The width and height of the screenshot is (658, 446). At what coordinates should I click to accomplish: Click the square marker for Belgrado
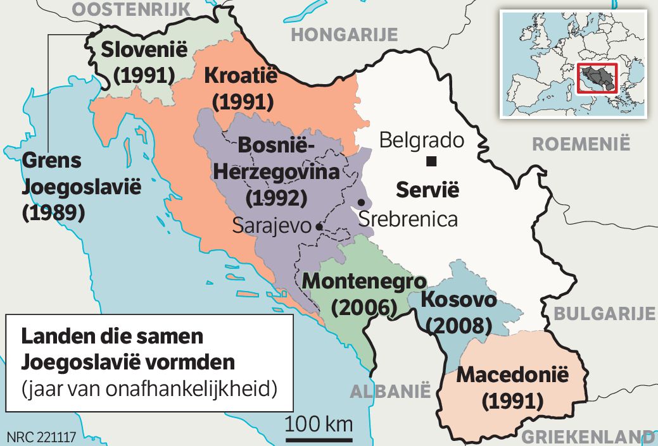[x=431, y=161]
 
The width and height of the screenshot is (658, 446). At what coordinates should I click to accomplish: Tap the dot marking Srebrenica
[x=361, y=202]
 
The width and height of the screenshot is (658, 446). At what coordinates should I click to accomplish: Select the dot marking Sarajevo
[x=320, y=226]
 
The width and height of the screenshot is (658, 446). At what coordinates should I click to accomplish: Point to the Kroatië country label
[x=241, y=77]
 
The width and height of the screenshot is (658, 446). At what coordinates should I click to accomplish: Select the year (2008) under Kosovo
[x=459, y=325]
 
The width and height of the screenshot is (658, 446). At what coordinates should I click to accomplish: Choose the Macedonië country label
[x=513, y=374]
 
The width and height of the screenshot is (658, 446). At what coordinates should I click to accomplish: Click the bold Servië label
[x=427, y=189]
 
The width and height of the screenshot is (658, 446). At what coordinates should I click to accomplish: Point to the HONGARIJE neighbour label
[x=344, y=34]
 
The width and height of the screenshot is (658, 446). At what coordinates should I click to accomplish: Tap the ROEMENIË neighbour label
[x=581, y=144]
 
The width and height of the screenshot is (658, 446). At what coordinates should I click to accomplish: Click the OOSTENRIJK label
[x=131, y=9]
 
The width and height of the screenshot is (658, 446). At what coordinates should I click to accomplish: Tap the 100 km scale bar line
[x=319, y=439]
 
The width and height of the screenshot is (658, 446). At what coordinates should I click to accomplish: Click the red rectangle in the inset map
[x=597, y=78]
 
